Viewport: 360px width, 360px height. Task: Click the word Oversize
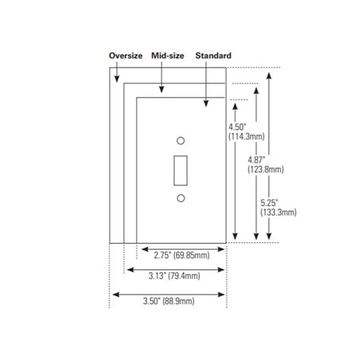[126, 56]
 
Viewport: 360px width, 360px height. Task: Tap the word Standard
[213, 56]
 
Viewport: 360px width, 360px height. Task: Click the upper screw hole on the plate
[180, 141]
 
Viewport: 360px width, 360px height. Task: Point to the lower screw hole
[180, 198]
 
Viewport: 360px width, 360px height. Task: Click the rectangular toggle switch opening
[180, 169]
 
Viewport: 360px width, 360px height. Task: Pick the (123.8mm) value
[265, 171]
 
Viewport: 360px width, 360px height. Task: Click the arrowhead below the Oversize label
[115, 79]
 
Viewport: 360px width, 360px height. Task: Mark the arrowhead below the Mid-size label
[160, 92]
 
